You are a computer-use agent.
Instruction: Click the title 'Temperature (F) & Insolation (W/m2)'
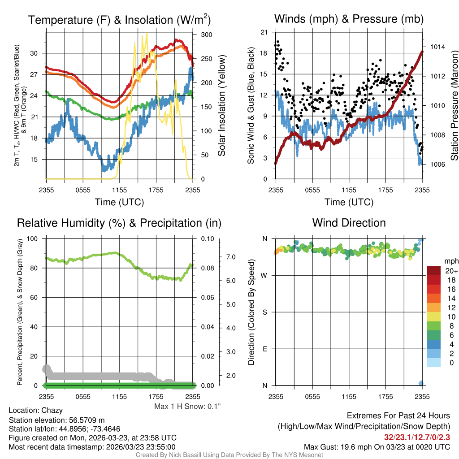(119, 20)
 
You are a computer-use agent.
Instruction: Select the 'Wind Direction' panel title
(349, 223)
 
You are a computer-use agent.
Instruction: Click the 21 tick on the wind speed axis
(264, 32)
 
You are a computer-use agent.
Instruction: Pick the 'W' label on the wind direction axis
(264, 275)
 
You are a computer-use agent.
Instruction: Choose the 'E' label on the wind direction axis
(264, 349)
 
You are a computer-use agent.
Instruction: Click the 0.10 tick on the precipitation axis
(207, 239)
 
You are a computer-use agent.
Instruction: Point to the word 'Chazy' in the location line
(52, 410)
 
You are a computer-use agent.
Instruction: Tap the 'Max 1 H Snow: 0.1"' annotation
(187, 406)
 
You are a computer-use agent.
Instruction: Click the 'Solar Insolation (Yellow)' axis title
(221, 106)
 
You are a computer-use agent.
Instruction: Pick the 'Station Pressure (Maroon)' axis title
(454, 106)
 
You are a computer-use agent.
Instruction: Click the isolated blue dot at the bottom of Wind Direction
(421, 383)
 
